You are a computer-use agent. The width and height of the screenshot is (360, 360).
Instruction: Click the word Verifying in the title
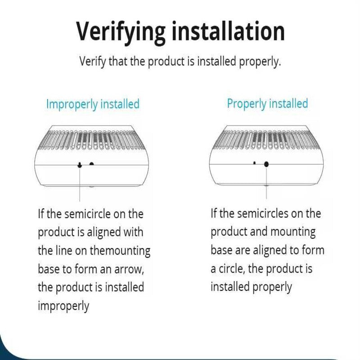tap(121, 33)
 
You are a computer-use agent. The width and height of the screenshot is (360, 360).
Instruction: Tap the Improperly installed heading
tap(93, 104)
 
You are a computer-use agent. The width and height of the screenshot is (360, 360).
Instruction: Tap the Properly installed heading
tap(267, 104)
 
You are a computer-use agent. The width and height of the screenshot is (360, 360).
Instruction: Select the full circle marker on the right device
tap(266, 164)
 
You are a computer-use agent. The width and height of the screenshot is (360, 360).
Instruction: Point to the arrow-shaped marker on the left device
tap(80, 165)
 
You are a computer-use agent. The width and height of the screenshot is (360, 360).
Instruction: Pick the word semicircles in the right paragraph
tap(263, 213)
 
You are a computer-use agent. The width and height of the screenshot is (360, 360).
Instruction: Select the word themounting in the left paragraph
tap(120, 251)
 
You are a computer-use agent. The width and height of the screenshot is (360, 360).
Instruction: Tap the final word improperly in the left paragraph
tap(63, 306)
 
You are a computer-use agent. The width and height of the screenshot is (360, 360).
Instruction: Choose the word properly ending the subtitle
tap(260, 62)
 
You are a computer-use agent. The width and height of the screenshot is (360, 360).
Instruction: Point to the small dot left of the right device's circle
tap(254, 163)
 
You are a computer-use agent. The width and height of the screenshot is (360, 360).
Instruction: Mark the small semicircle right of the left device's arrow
tap(92, 164)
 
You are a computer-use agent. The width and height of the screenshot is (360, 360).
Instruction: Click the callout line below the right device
tap(266, 183)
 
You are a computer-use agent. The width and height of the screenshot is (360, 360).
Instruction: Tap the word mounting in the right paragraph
tap(293, 232)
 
